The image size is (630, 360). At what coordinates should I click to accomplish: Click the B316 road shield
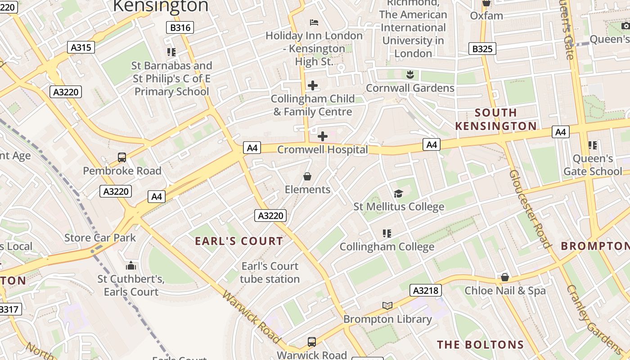pos(180,27)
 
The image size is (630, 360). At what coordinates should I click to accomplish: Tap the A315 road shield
pos(81,47)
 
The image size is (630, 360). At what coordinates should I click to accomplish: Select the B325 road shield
pos(482,49)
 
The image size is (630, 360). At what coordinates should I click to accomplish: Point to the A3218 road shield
pos(425,290)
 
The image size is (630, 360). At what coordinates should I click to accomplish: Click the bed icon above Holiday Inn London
pos(314,22)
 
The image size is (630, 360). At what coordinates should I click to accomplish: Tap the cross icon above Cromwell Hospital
pos(323,136)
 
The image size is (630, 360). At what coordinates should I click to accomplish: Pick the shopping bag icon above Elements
pos(307,176)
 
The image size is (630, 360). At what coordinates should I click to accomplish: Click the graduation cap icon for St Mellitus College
pos(398,193)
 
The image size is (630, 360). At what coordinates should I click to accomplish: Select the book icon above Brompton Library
pos(387,306)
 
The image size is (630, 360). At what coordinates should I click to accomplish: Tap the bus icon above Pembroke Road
pos(122,157)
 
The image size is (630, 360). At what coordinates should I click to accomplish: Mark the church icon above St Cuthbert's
pos(131,265)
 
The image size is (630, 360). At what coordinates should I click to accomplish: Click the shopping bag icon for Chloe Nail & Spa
pos(505,277)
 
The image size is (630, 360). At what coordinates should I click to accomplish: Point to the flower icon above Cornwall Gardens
pos(410,74)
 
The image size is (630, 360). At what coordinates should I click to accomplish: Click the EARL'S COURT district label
pos(239,241)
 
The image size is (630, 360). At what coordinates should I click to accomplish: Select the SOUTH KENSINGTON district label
pos(496,119)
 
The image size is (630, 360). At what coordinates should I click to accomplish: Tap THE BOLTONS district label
pos(480,345)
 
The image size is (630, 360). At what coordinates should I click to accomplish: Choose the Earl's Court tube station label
pos(270,273)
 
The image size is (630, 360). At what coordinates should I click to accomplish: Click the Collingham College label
pos(387,247)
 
